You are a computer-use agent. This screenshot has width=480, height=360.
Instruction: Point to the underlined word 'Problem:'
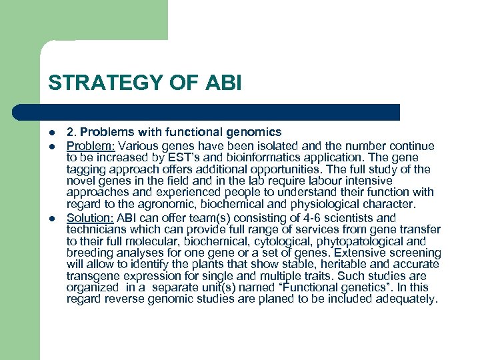pos(91,146)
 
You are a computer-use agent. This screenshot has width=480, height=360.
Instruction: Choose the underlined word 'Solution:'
pos(90,218)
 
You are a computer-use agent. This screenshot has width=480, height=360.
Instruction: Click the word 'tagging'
pos(85,169)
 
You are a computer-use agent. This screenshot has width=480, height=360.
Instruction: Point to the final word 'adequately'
pos(407,299)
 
